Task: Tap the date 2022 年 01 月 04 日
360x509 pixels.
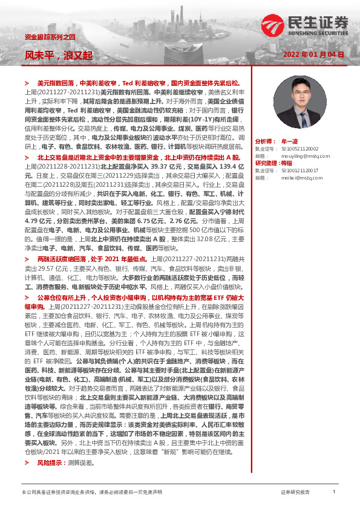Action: coord(313,54)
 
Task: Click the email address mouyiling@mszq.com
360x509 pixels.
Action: coord(306,155)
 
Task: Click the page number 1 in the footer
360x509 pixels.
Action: coord(334,492)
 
